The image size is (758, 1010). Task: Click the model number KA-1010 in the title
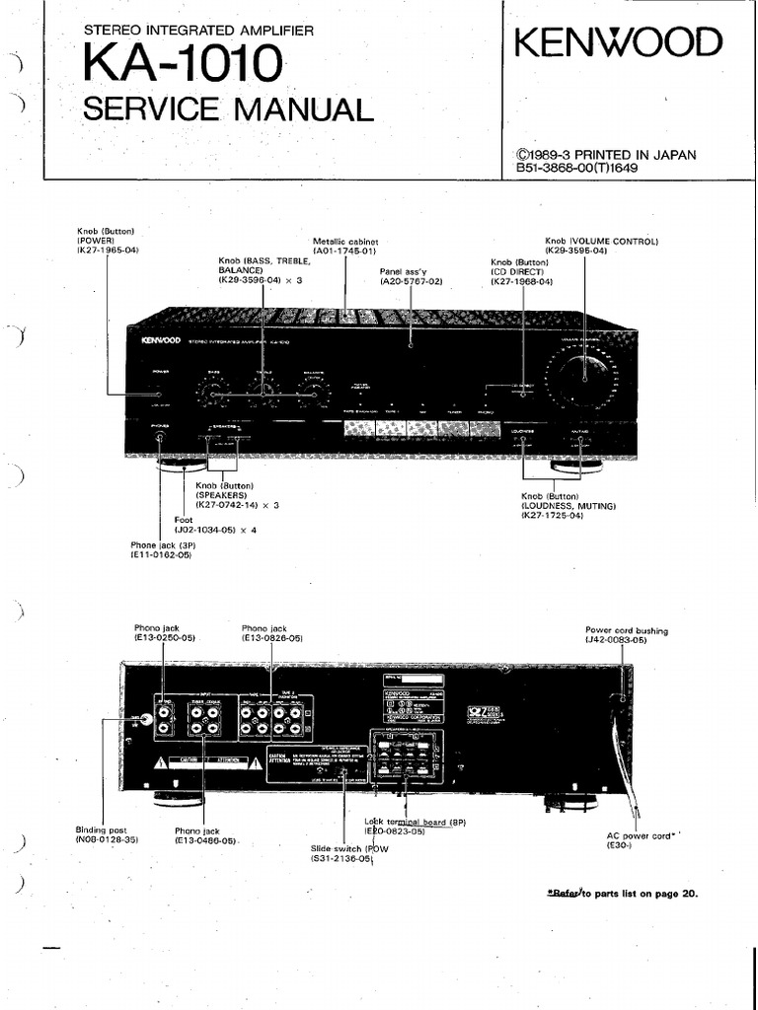coord(182,66)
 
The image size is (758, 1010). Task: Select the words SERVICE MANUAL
coord(228,108)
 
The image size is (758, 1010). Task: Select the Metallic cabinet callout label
coord(345,241)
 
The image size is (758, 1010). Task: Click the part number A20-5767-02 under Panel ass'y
coord(411,281)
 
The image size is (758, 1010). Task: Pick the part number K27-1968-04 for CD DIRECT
coord(521,282)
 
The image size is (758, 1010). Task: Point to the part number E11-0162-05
coord(161,555)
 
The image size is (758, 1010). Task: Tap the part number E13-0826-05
coord(272,639)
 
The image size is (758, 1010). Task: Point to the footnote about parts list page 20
coord(622,894)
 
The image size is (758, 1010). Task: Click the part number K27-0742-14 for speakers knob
coord(232,505)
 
